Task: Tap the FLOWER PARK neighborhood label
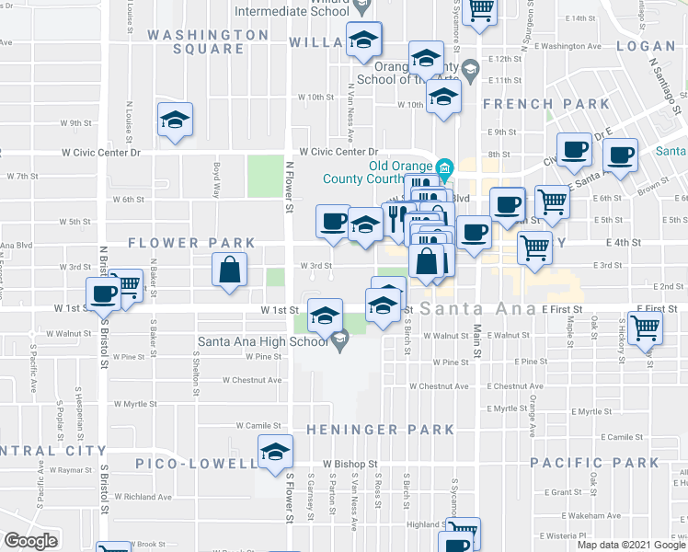tap(191, 243)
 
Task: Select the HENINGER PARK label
tap(380, 430)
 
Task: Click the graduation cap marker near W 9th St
tap(175, 121)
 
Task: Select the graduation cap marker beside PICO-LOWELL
tap(274, 454)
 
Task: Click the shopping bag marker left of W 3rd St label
tap(229, 270)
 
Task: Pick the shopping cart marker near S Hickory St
tap(646, 327)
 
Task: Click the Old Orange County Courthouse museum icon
tap(445, 167)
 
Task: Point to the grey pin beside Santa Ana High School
tap(340, 343)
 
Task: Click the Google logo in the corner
tap(30, 541)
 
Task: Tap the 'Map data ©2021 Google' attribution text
tap(630, 545)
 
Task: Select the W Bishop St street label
tap(350, 464)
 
